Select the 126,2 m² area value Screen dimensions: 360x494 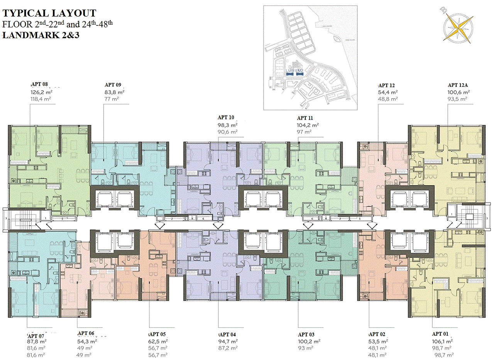[42, 93]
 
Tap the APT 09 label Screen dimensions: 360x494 [113, 85]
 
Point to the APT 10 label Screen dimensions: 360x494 [226, 118]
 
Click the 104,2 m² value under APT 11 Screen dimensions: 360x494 [308, 125]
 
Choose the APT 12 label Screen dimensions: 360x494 [387, 86]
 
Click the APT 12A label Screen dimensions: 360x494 [458, 85]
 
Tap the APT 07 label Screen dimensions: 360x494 [37, 336]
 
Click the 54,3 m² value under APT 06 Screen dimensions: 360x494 [87, 341]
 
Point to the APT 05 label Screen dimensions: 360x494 [157, 335]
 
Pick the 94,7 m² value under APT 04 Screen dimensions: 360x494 [228, 341]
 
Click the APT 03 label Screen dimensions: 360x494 [306, 335]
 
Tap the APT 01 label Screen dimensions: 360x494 [442, 334]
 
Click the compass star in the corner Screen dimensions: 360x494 [458, 27]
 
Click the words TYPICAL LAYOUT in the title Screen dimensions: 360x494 [49, 14]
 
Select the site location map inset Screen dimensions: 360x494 [311, 58]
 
